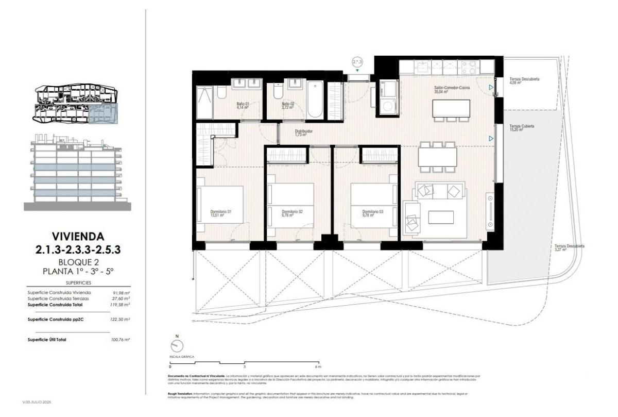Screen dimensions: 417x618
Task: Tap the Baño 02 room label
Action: [x=287, y=106]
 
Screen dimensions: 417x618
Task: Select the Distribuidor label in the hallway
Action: [x=304, y=134]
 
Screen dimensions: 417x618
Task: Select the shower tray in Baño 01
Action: [x=204, y=102]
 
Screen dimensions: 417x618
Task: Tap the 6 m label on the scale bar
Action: [x=319, y=366]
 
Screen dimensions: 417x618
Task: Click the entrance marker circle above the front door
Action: [x=357, y=62]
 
